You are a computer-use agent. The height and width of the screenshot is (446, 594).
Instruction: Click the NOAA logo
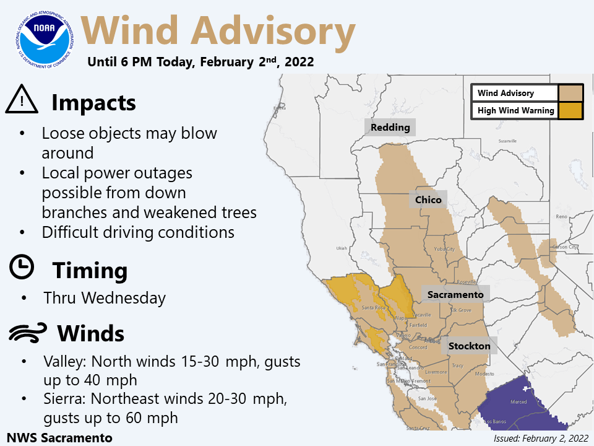42,38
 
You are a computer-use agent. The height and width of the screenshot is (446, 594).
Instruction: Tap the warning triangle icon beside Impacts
22,100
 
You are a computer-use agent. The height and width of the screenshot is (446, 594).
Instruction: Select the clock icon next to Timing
22,267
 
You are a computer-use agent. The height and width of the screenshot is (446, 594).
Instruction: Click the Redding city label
390,128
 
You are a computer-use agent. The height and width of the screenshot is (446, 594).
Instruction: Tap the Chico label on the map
428,199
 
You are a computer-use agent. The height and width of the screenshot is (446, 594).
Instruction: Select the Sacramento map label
455,294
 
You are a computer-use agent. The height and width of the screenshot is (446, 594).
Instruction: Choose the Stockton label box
469,346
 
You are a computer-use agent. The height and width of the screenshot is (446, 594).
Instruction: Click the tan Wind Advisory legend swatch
570,93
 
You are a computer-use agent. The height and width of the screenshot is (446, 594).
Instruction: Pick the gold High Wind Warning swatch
570,111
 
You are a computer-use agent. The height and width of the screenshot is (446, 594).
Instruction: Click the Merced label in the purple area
519,402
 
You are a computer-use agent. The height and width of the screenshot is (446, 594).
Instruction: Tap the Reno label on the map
562,217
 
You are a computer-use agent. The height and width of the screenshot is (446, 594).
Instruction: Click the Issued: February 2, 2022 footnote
540,438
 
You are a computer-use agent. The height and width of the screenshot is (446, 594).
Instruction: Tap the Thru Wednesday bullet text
105,298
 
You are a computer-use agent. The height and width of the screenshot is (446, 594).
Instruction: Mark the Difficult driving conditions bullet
138,232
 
